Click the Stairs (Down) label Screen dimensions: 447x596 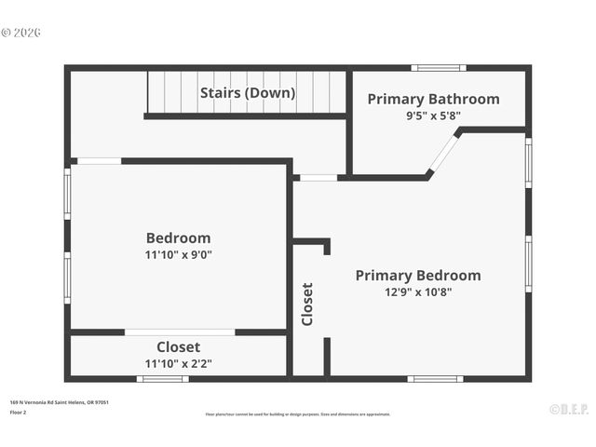248,93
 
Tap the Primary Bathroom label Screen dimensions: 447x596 433,99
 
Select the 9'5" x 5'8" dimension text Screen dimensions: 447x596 433,116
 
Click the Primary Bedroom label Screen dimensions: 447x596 418,275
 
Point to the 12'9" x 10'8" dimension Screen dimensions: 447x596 418,291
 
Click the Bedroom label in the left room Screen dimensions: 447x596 178,237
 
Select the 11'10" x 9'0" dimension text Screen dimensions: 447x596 178,254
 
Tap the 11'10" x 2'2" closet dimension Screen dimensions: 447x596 178,364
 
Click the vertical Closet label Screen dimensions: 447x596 307,304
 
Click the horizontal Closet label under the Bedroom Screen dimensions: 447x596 178,347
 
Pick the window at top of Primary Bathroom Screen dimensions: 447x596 439,68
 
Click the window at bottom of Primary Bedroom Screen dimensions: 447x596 435,379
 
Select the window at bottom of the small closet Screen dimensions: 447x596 163,379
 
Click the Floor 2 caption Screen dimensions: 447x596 19,412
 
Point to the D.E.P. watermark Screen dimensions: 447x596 567,408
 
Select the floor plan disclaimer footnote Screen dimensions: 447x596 298,414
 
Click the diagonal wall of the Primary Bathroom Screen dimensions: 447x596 443,154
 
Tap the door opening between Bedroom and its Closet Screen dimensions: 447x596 180,332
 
